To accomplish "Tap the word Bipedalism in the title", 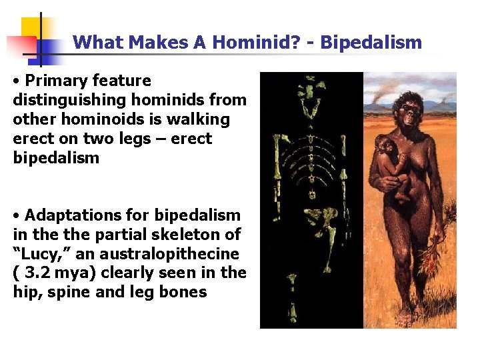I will [x=371, y=43].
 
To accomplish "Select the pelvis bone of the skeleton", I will [x=312, y=217].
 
